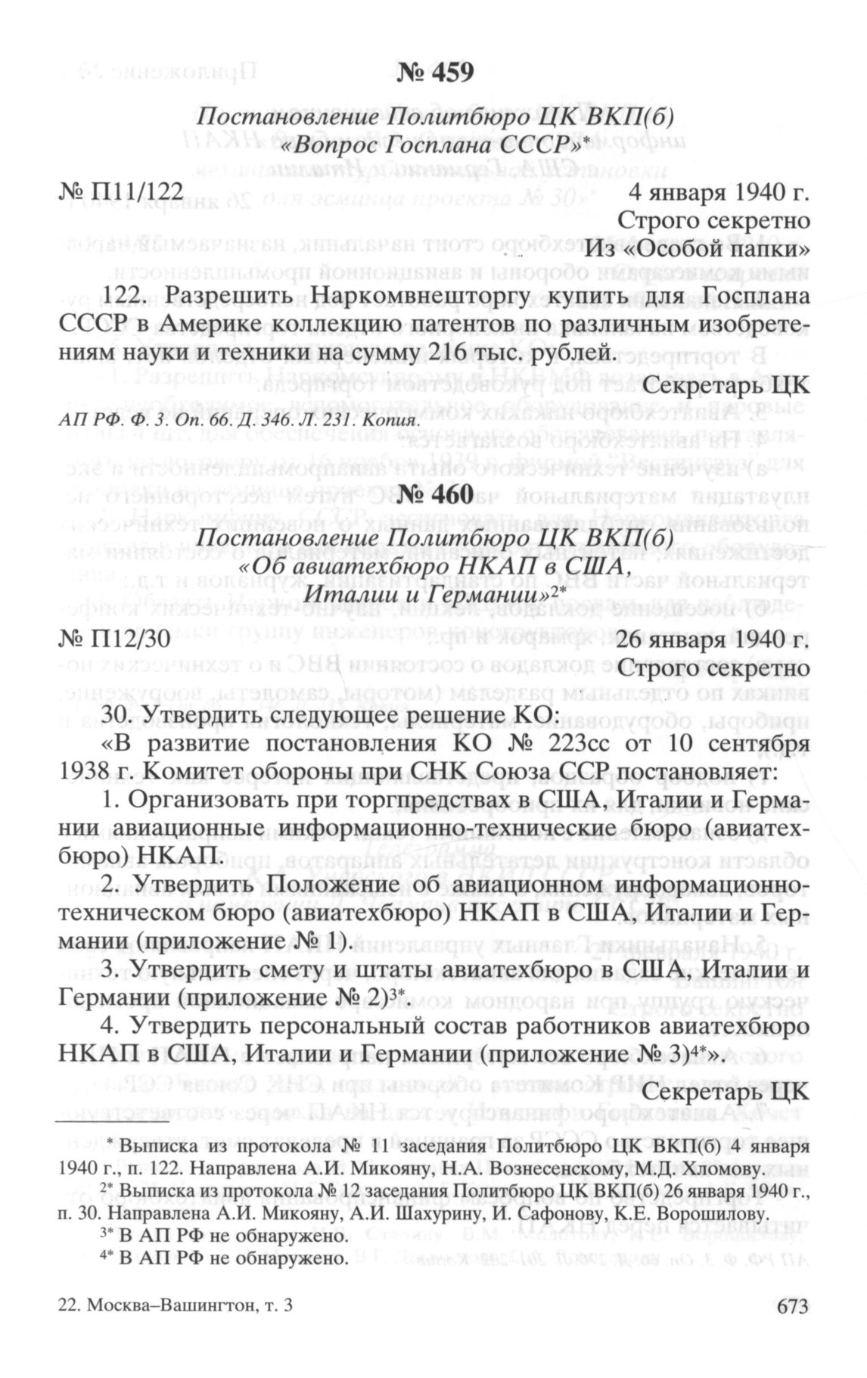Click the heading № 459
click(434, 73)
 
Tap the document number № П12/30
click(114, 640)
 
